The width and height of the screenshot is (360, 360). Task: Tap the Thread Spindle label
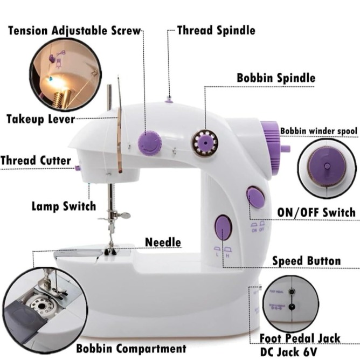coord(216,31)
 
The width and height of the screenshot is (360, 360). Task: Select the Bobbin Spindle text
coord(276,78)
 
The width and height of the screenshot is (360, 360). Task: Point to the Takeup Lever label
coord(40,119)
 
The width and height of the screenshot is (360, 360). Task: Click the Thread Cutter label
coord(36,161)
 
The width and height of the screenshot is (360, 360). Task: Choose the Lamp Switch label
coord(64,206)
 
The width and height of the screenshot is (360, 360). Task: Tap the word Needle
coord(163,243)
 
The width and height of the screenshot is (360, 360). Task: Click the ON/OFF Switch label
coord(316,212)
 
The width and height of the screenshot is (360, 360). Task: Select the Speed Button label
coord(306,261)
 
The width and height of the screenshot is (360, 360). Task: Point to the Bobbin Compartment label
coord(131,348)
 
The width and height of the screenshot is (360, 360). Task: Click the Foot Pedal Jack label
coord(300,338)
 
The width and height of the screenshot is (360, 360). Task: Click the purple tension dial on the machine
coord(149,142)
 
